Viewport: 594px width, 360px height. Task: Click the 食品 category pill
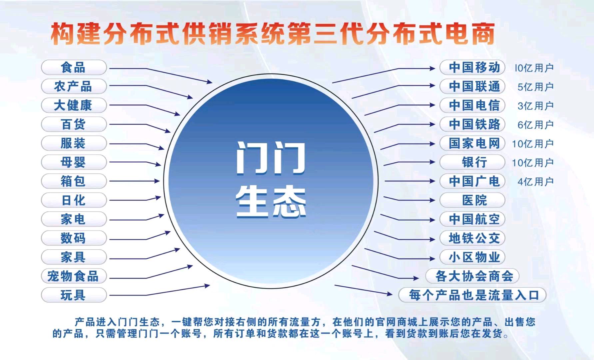pos(74,68)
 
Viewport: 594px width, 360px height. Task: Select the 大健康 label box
pos(74,106)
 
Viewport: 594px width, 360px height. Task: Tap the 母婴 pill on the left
pos(74,163)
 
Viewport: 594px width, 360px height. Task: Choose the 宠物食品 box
pos(74,276)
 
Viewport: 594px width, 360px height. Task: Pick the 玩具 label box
pos(74,295)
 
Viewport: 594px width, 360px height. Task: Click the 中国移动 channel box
pos(473,68)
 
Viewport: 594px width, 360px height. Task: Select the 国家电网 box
pos(473,144)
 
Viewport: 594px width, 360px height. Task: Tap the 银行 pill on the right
pos(473,163)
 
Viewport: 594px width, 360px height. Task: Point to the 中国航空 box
pos(473,219)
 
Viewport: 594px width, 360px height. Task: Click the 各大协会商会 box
pos(473,276)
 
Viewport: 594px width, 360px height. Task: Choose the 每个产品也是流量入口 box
pos(473,295)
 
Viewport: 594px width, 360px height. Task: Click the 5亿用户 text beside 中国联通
pos(535,87)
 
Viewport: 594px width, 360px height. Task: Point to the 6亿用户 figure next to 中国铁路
pos(535,125)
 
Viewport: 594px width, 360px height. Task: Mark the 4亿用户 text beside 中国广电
pos(535,182)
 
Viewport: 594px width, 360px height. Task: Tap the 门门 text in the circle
pos(271,158)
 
